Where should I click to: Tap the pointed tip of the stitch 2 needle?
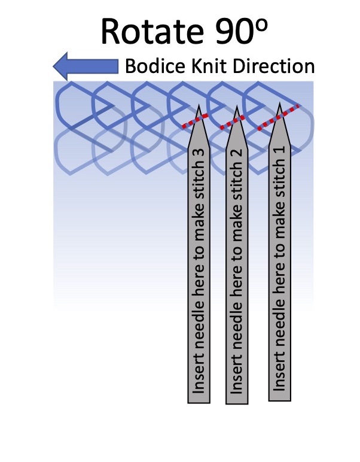pyautogui.click(x=238, y=110)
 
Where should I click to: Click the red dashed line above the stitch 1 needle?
pyautogui.click(x=278, y=117)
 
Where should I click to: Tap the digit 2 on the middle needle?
pyautogui.click(x=238, y=155)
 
